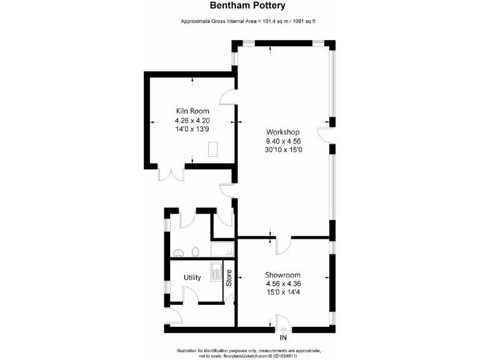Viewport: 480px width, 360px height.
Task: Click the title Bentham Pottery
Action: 239,6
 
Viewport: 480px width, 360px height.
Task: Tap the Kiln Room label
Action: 192,111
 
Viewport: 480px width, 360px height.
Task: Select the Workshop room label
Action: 283,132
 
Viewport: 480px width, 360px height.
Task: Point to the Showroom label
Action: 283,274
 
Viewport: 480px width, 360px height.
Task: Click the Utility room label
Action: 192,277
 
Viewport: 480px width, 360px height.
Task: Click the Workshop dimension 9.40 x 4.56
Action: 283,141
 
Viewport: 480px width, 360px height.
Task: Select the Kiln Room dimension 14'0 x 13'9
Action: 192,129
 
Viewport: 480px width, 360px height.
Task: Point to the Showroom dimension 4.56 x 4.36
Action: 283,284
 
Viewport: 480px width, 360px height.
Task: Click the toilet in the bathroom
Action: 196,251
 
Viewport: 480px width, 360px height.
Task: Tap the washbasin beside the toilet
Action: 179,252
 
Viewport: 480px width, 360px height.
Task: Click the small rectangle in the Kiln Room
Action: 213,149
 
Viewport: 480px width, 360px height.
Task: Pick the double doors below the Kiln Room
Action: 171,173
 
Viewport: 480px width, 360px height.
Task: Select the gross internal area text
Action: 239,22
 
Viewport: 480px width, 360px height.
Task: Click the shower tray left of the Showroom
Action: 224,249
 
